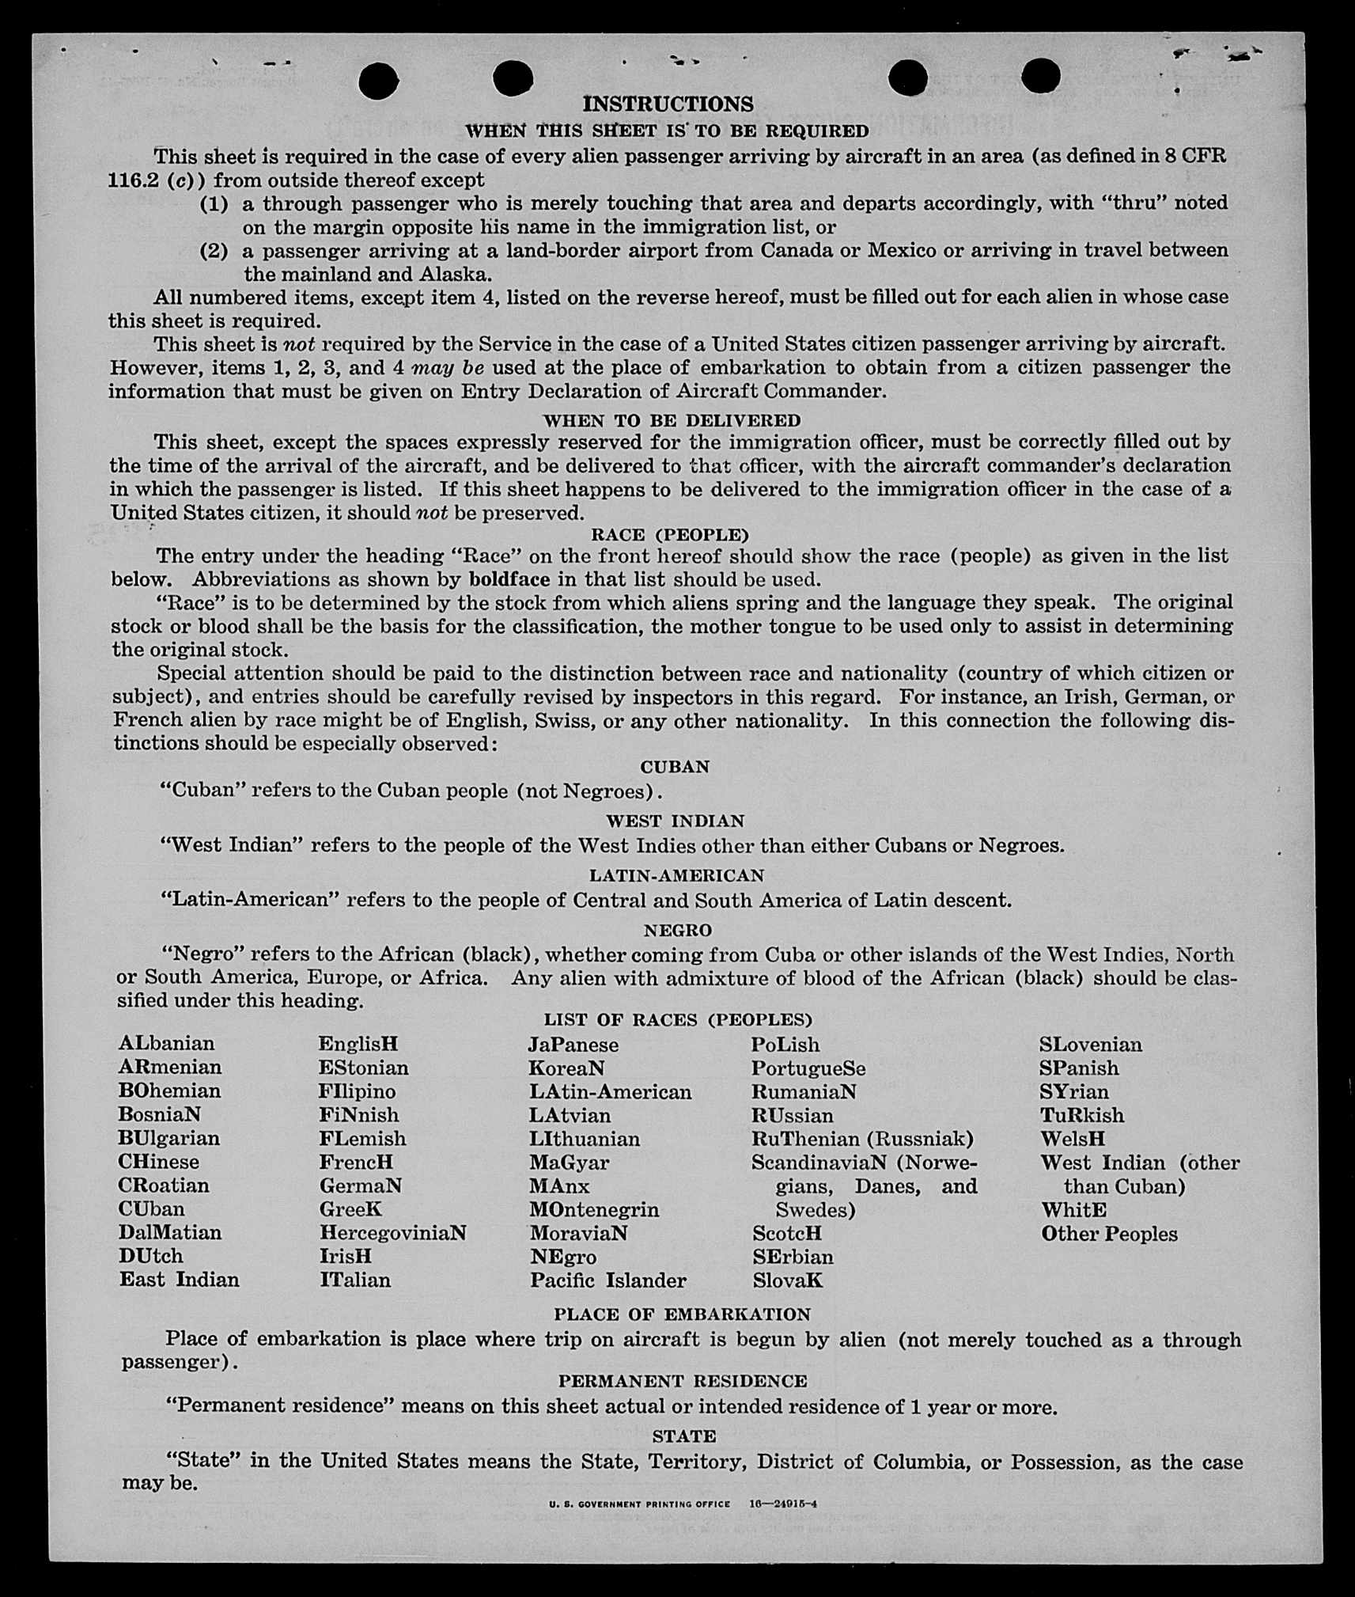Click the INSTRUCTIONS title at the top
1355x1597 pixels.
(668, 104)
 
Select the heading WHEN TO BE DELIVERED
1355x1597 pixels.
(672, 420)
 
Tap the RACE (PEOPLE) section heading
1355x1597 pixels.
(669, 535)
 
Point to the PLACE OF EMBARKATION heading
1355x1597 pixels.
(682, 1314)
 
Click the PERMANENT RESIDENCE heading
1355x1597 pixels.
(683, 1381)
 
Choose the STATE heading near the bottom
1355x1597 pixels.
(684, 1436)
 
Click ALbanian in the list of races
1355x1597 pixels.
(166, 1044)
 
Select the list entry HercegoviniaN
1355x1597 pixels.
(392, 1233)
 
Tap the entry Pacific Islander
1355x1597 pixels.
(607, 1280)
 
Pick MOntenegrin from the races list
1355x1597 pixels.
(594, 1210)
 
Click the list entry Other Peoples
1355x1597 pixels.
(1109, 1234)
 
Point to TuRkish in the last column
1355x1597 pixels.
(1081, 1115)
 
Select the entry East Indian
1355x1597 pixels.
(179, 1280)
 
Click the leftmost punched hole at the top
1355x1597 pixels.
(378, 81)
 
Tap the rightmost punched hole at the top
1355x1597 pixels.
(1040, 76)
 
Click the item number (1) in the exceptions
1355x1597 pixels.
(214, 204)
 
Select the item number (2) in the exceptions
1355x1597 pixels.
(214, 252)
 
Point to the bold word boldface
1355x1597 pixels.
(506, 579)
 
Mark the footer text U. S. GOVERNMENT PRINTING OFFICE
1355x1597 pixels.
(639, 1504)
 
